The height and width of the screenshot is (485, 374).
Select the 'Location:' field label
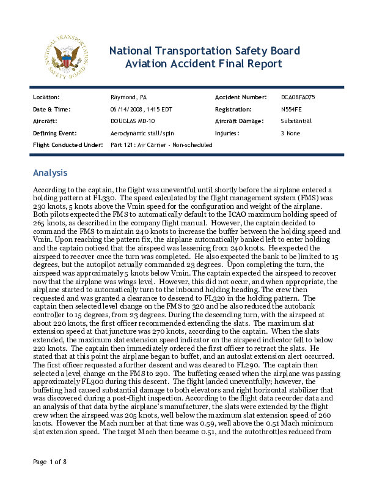[46, 97]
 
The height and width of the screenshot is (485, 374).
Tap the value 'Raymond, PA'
[128, 97]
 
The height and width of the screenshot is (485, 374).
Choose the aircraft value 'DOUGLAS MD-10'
[133, 121]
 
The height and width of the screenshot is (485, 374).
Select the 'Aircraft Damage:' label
[241, 121]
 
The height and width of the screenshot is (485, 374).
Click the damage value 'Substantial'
[296, 121]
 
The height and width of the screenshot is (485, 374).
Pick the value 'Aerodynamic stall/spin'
[142, 133]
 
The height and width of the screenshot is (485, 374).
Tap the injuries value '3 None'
[291, 133]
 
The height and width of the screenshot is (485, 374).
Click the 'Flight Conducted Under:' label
[67, 145]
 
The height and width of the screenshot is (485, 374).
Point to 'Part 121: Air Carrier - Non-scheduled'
[161, 145]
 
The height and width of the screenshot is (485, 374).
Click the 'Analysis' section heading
[50, 173]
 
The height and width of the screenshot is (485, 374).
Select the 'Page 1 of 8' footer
[50, 461]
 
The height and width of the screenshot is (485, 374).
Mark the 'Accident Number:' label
[241, 97]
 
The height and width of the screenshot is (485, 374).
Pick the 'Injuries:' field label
[228, 133]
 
